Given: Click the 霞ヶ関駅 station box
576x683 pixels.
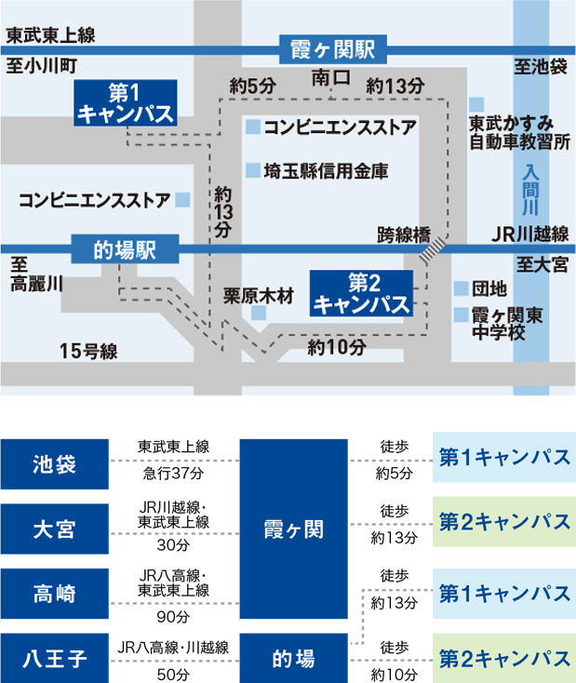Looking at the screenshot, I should [331, 47].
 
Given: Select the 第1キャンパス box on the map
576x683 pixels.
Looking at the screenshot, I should [124, 102].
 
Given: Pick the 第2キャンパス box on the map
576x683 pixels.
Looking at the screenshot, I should [361, 292].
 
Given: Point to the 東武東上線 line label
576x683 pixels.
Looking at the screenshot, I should [50, 36].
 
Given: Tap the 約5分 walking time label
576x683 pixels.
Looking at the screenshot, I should [253, 86].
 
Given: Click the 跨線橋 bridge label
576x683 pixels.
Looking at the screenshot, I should [403, 233].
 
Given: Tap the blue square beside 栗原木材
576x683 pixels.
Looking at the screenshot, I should [258, 315].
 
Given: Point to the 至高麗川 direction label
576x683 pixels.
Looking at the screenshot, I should [35, 276].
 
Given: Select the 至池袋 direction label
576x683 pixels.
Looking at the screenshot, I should [540, 66].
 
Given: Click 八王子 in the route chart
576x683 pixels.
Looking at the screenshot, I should [55, 660].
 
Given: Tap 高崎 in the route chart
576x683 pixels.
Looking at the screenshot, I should [55, 593].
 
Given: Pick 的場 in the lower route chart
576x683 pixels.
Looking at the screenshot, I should [293, 660].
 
